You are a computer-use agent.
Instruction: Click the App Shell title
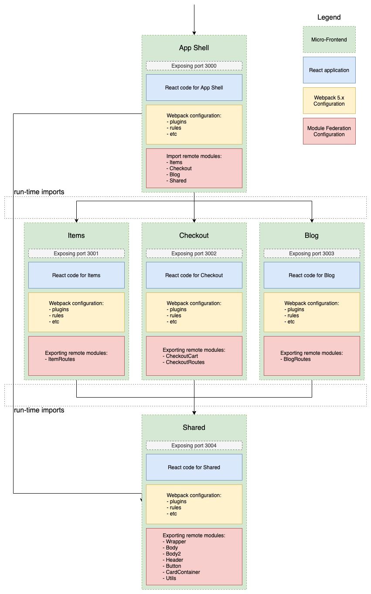click(194, 48)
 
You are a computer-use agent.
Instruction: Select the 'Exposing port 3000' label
click(194, 66)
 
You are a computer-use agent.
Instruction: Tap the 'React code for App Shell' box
click(194, 88)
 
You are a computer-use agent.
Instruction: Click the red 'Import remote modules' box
click(194, 168)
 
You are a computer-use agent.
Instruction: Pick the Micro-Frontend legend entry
click(329, 40)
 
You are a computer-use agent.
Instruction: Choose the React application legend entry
click(329, 70)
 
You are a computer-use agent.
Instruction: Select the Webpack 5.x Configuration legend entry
click(329, 101)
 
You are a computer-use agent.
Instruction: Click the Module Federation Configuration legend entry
click(329, 131)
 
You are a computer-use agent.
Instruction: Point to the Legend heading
click(329, 17)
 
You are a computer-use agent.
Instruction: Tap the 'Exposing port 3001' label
click(76, 254)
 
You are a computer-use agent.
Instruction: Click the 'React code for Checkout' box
click(194, 275)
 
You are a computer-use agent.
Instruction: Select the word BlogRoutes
click(297, 359)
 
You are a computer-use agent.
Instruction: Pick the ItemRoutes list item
click(61, 359)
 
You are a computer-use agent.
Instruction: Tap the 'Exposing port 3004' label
click(194, 446)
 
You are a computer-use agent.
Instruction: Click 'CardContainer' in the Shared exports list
click(183, 572)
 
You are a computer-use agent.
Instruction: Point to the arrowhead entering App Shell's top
click(194, 33)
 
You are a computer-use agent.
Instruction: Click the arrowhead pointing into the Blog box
click(312, 220)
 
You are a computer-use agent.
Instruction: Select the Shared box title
click(194, 427)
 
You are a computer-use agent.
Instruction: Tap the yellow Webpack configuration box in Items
click(76, 312)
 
